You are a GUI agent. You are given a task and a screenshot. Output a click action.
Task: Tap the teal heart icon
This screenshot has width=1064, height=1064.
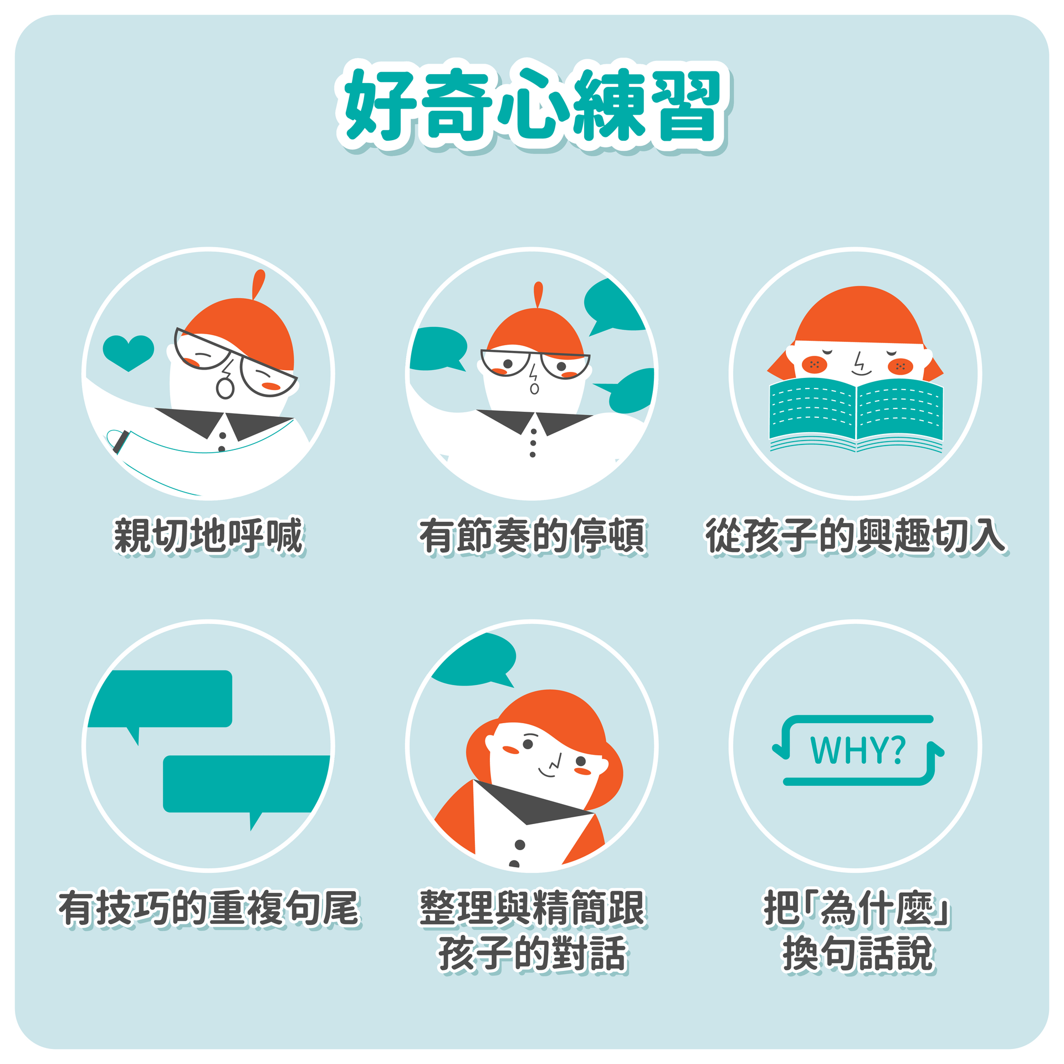pos(128,353)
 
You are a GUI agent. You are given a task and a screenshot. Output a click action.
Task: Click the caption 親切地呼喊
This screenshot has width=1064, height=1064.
pos(209,536)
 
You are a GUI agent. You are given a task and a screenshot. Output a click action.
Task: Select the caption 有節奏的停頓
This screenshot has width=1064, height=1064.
pos(533,536)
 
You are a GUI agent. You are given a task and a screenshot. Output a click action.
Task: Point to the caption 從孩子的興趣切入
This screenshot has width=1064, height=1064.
pos(856,536)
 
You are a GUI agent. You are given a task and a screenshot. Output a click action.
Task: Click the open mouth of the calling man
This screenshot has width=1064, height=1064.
pos(225,388)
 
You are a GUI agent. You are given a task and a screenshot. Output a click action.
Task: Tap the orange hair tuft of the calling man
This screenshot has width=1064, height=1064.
pos(258,284)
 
